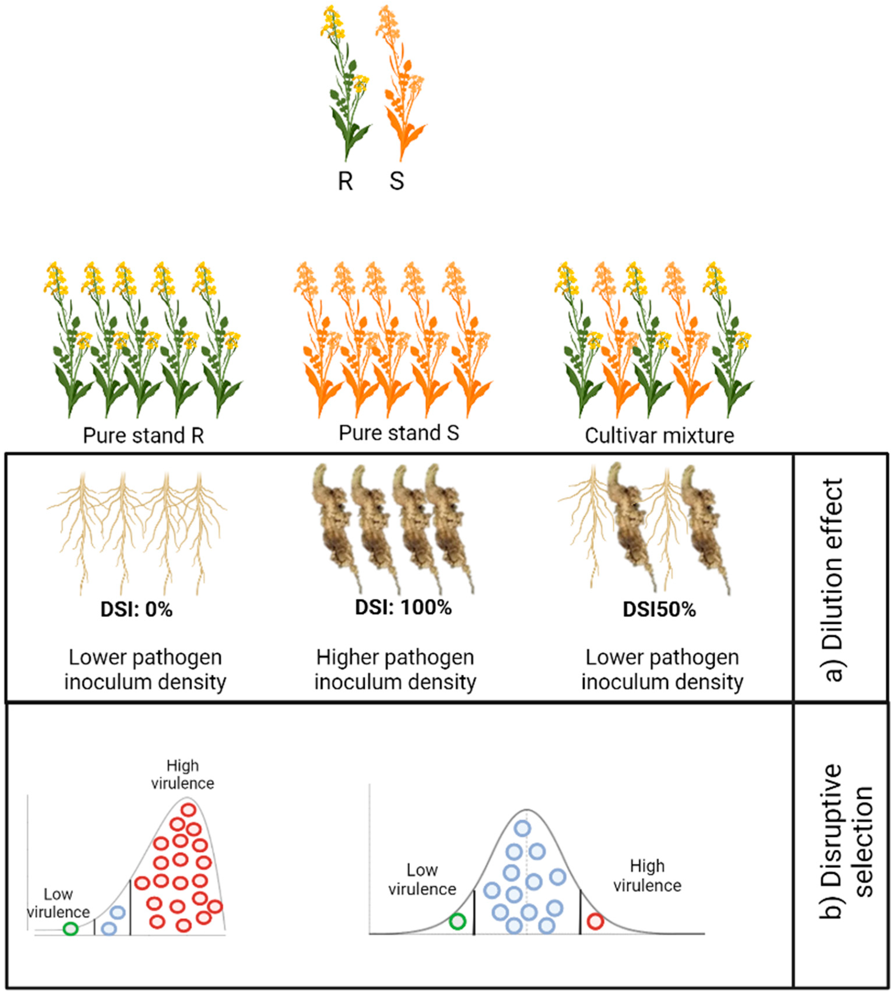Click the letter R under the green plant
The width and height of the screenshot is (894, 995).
tap(345, 181)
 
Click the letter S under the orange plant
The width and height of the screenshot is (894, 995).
tap(397, 181)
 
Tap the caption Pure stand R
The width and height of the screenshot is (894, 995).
tap(143, 435)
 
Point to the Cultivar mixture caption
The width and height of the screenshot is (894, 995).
tap(659, 435)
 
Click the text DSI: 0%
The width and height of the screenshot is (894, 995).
tap(136, 610)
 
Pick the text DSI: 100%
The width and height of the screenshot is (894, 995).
tap(403, 608)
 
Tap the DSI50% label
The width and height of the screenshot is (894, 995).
tap(659, 610)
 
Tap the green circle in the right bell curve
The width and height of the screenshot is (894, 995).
tap(457, 921)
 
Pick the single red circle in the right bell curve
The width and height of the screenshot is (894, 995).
tap(595, 921)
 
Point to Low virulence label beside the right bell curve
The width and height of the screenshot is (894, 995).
tap(422, 879)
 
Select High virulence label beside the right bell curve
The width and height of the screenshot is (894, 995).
tap(647, 876)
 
